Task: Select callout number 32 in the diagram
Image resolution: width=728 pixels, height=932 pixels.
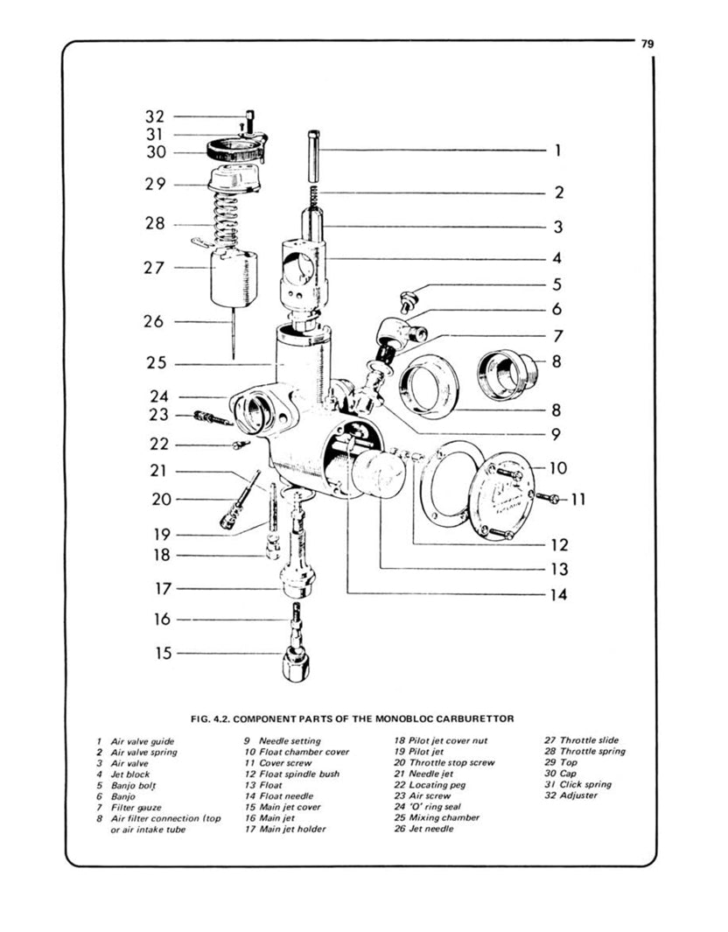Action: tap(154, 116)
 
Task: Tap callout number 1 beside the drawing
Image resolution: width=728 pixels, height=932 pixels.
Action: tap(557, 150)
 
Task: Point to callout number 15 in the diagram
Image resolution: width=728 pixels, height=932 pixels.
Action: tap(163, 653)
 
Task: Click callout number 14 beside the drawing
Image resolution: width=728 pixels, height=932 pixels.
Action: tap(557, 595)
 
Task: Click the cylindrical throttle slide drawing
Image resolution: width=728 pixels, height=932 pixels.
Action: tap(233, 278)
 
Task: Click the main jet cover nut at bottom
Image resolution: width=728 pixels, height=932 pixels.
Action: tap(298, 665)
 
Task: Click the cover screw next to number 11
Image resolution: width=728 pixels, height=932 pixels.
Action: tap(548, 498)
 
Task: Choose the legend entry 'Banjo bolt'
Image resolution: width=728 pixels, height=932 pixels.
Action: tap(131, 785)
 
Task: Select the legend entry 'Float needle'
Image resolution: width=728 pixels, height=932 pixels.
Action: tap(281, 796)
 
